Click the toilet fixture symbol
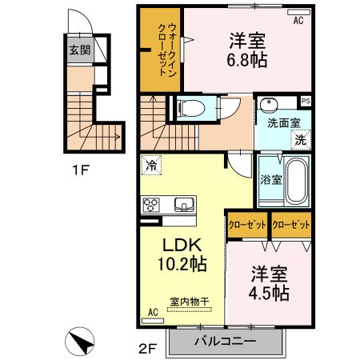click(x=191, y=109)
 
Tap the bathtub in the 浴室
click(x=296, y=181)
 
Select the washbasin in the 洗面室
click(x=269, y=104)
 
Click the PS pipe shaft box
click(x=306, y=102)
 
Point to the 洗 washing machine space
click(x=301, y=139)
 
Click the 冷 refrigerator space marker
click(x=151, y=165)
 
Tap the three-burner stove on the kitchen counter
click(x=150, y=205)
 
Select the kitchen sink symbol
click(x=184, y=205)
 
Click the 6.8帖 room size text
click(x=247, y=60)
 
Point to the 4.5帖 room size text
click(x=269, y=293)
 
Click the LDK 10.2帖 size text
click(x=182, y=254)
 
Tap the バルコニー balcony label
click(x=226, y=341)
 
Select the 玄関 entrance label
click(x=80, y=50)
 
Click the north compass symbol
click(x=79, y=341)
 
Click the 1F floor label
click(x=80, y=170)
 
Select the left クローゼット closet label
click(x=247, y=225)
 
